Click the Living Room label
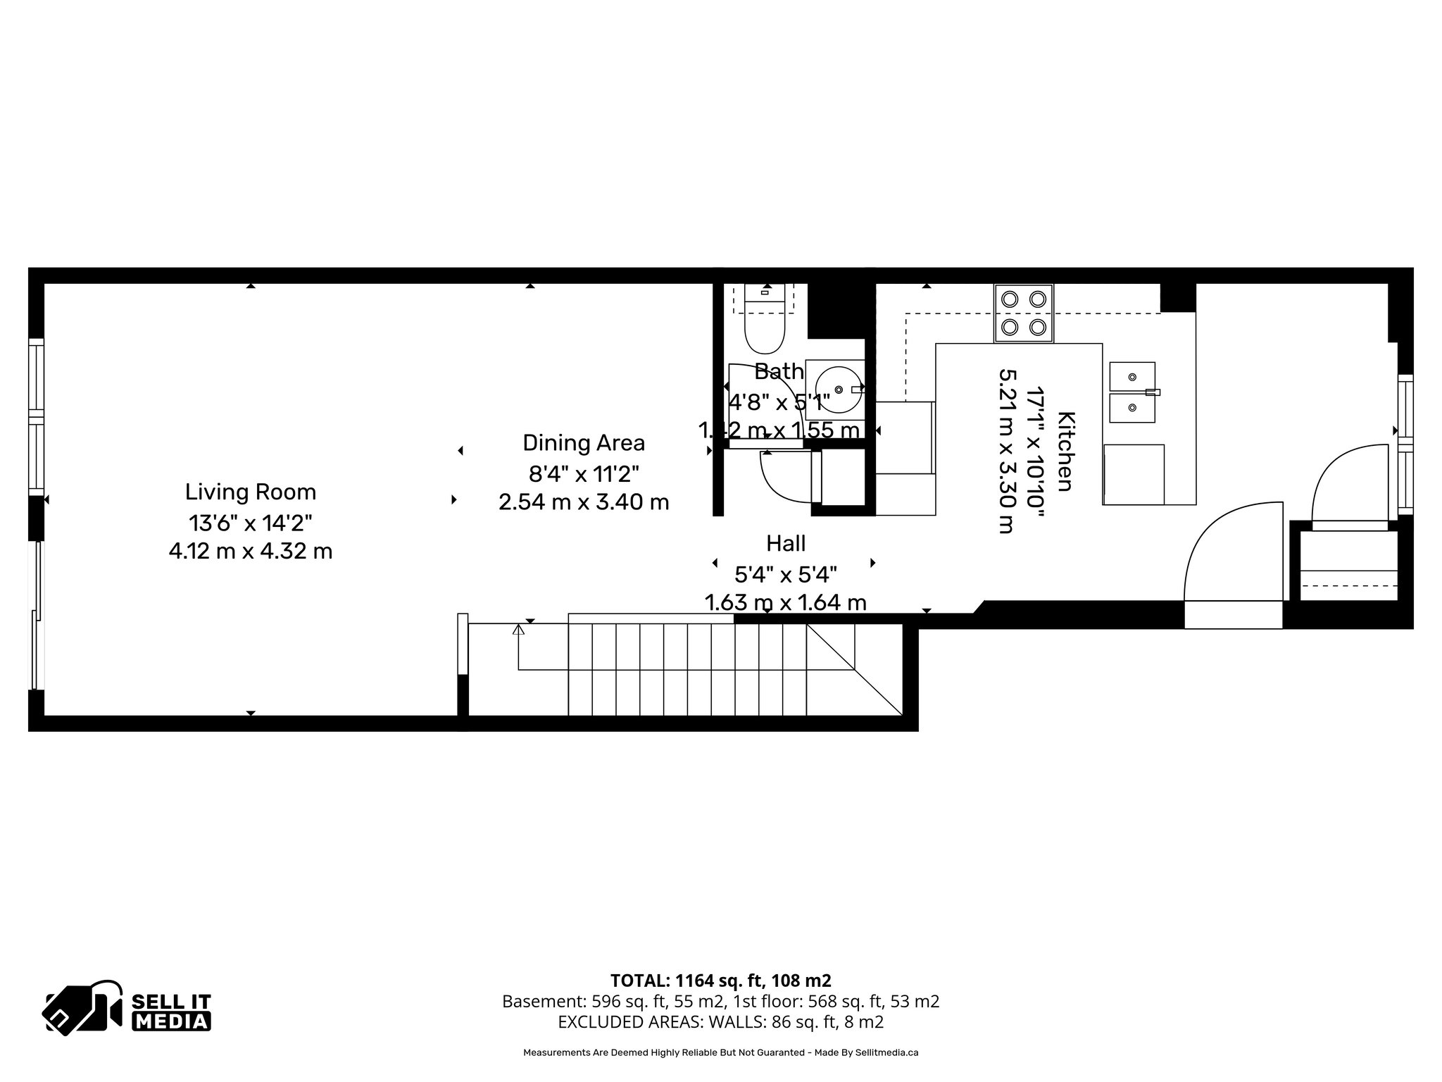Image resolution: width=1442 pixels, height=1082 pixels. pyautogui.click(x=250, y=492)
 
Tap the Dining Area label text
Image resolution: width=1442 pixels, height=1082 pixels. pyautogui.click(x=583, y=443)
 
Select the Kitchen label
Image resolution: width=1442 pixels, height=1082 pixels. pyautogui.click(x=1065, y=452)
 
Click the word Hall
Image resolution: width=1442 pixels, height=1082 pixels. pyautogui.click(x=786, y=543)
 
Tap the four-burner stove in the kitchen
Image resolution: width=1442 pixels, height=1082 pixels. pyautogui.click(x=1023, y=313)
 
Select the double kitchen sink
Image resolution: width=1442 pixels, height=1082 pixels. pyautogui.click(x=1132, y=392)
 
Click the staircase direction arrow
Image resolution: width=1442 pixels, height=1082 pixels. pyautogui.click(x=519, y=630)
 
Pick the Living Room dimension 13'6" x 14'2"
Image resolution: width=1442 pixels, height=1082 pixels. pyautogui.click(x=250, y=523)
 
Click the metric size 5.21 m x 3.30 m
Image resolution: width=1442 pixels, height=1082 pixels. pyautogui.click(x=1008, y=452)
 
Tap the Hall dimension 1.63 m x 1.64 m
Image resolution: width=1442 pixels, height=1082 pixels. pyautogui.click(x=786, y=603)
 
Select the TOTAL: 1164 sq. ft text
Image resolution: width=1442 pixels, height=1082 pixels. pyautogui.click(x=720, y=980)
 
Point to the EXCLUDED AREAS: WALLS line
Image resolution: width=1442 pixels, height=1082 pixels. pyautogui.click(x=720, y=1021)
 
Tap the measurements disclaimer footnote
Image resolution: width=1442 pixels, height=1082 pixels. pyautogui.click(x=720, y=1052)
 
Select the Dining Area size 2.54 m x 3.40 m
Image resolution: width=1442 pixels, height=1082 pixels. pyautogui.click(x=583, y=502)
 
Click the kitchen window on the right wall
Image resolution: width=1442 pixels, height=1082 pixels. pyautogui.click(x=1405, y=444)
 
